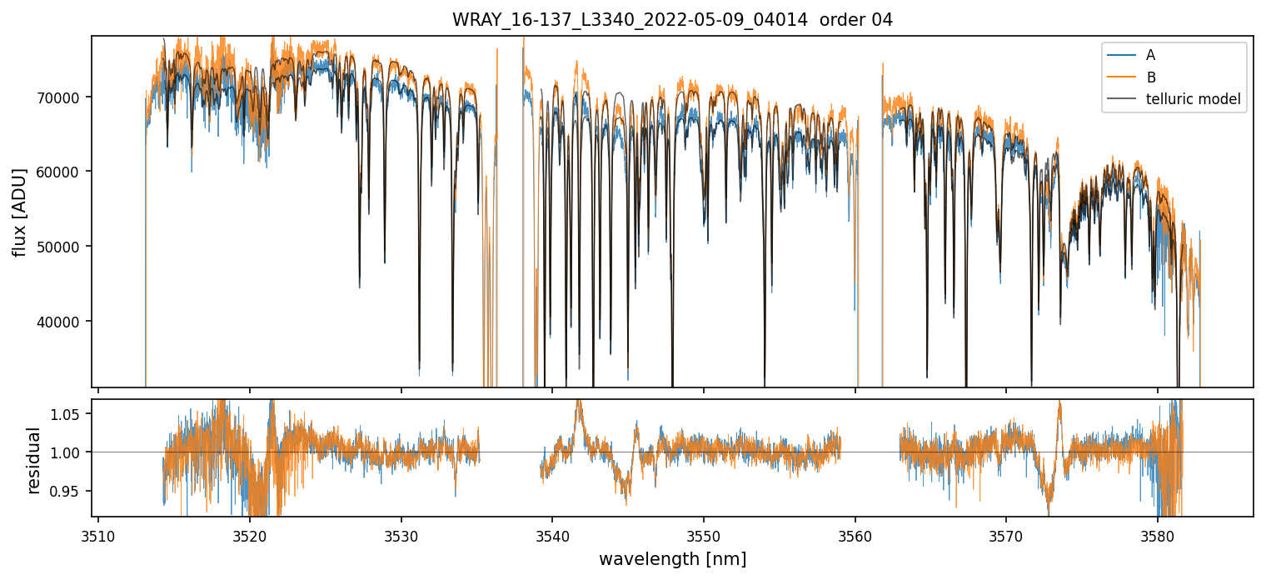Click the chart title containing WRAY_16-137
click(x=672, y=20)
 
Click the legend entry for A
click(x=1150, y=55)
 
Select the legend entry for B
click(x=1150, y=77)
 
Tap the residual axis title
click(x=34, y=460)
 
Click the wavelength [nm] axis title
click(x=672, y=558)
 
